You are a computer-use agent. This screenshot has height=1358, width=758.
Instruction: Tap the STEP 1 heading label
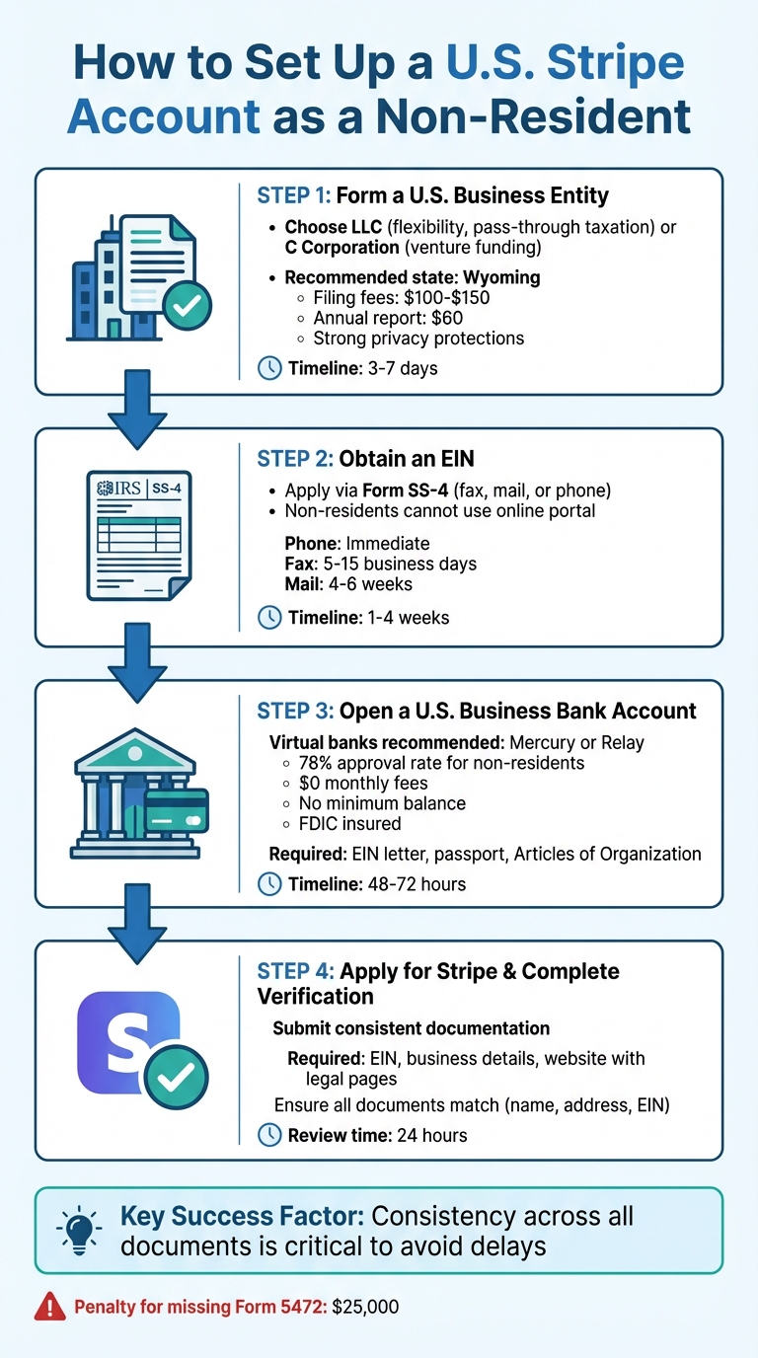(x=294, y=194)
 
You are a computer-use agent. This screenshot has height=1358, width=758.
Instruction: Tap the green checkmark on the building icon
(x=187, y=307)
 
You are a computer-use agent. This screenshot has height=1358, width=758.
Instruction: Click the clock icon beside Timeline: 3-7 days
(x=268, y=368)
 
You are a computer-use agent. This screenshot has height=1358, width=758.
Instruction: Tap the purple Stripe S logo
(x=129, y=1043)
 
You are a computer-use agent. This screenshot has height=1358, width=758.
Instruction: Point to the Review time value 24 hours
(x=431, y=1135)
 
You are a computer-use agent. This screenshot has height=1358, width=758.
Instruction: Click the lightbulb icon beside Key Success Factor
(x=78, y=1225)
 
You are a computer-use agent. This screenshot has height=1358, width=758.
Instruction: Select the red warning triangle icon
(x=49, y=1308)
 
